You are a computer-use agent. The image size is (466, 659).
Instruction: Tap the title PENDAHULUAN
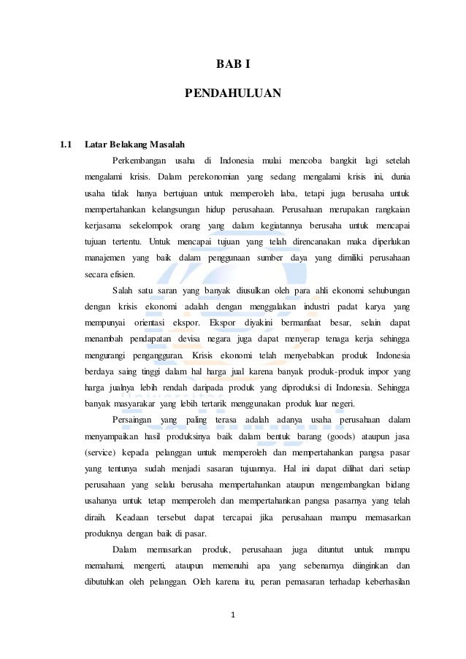click(232, 93)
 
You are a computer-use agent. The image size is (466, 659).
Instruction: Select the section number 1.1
click(66, 144)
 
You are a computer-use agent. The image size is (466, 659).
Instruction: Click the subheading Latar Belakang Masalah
click(134, 144)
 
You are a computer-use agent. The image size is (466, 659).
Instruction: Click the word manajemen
click(105, 258)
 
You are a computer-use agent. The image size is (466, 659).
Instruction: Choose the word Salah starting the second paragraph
click(124, 291)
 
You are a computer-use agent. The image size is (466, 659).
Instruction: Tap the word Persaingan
click(135, 420)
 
